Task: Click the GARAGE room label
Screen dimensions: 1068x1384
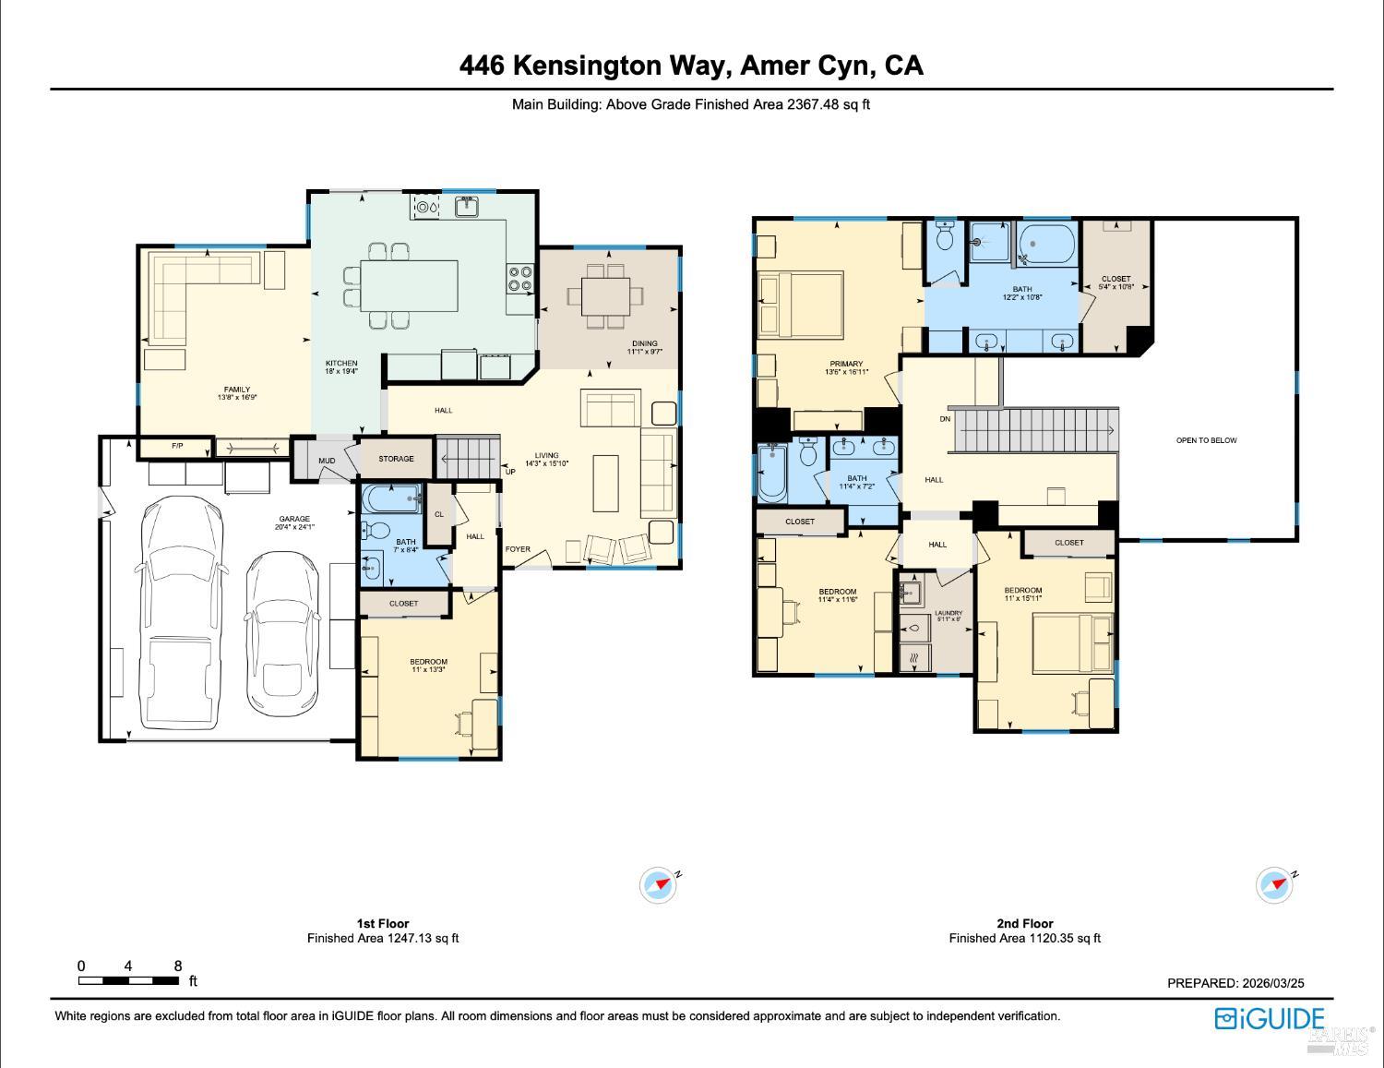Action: [x=294, y=519]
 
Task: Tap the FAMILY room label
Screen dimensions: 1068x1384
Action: [x=236, y=390]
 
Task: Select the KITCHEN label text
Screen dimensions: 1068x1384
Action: [x=341, y=364]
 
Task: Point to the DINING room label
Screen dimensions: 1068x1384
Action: [x=644, y=343]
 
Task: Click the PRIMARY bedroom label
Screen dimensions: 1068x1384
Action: [x=845, y=365]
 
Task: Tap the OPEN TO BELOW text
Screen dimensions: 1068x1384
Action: [x=1206, y=440]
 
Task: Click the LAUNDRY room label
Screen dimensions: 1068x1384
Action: [x=948, y=613]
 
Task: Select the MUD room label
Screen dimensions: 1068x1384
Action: [x=327, y=461]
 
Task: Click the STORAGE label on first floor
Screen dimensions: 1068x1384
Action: [x=396, y=459]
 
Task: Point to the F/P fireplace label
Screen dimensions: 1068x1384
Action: [x=177, y=447]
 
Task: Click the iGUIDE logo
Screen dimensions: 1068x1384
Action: [x=1270, y=1018]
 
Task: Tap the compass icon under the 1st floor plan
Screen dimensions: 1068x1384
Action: [x=659, y=884]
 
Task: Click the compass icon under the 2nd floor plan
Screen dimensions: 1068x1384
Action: [x=1275, y=884]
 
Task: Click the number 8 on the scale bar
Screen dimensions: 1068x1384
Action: [x=178, y=966]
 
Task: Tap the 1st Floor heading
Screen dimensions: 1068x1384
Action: [x=382, y=923]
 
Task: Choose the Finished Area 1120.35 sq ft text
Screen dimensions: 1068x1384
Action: [x=1024, y=938]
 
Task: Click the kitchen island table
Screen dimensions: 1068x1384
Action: [x=409, y=287]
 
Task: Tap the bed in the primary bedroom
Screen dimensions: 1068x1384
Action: [x=800, y=304]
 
